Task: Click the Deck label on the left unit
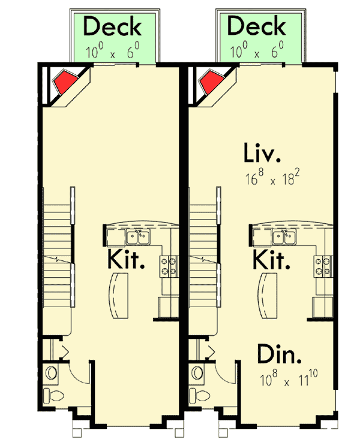112,27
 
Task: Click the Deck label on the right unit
257,27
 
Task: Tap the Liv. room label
262,153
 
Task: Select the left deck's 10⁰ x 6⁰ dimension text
112,52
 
